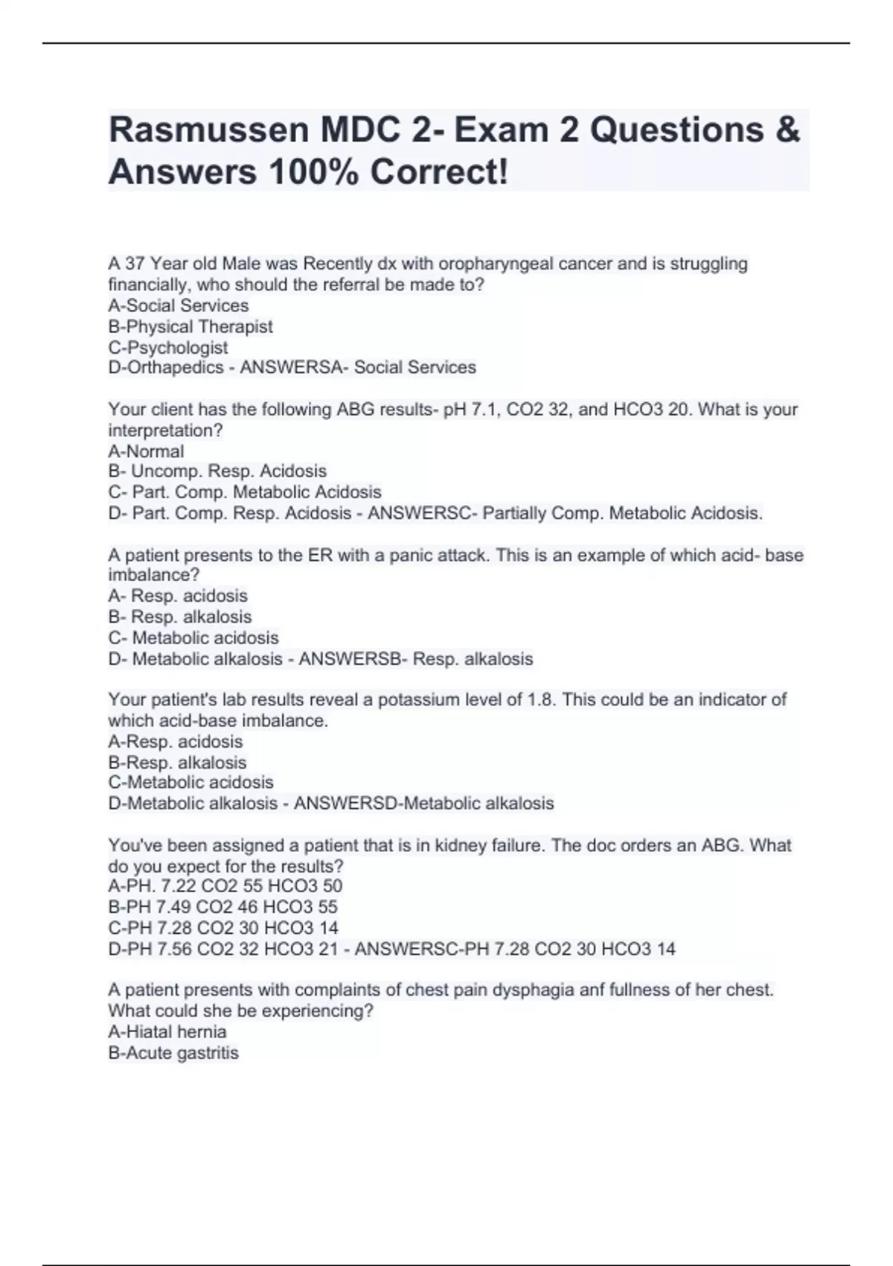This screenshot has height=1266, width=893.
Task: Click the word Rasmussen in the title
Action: click(209, 130)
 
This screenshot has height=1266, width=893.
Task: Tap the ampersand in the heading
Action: click(787, 130)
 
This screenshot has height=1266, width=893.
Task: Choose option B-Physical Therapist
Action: click(191, 326)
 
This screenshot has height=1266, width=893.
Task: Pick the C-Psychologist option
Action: click(168, 347)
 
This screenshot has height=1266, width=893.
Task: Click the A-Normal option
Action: click(146, 451)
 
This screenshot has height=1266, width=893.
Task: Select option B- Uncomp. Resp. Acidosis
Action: click(217, 471)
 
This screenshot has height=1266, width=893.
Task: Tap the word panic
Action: click(412, 556)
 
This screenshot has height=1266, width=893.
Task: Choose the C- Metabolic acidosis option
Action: click(193, 638)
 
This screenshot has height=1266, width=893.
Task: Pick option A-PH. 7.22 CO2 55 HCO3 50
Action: click(225, 886)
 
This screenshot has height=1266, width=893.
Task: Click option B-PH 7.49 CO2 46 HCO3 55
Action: click(223, 907)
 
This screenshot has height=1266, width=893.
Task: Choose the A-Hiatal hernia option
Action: click(167, 1032)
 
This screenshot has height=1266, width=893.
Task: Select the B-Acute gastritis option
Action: click(173, 1053)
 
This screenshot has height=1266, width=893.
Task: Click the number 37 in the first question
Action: click(135, 264)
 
